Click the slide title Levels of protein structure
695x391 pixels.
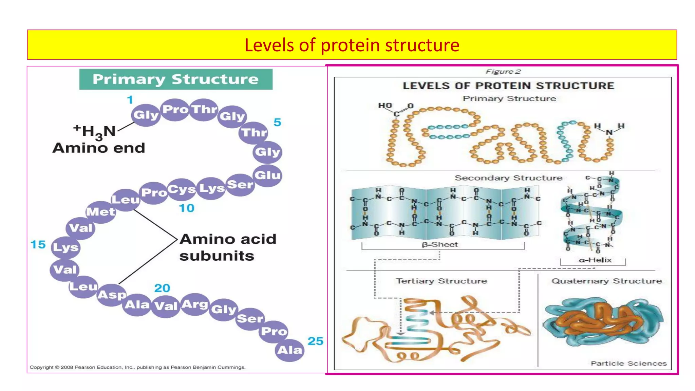coord(352,45)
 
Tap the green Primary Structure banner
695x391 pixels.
coord(176,79)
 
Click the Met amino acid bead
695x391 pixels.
coord(101,212)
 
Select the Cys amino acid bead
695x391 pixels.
coord(182,189)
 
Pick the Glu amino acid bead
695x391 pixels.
coord(268,175)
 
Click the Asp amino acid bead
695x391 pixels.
coord(112,295)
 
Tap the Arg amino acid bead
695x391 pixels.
coord(195,304)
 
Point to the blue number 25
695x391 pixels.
coord(315,341)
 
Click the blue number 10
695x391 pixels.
coord(186,208)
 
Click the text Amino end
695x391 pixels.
coord(99,148)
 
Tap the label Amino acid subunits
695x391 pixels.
coord(227,247)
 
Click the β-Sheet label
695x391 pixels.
coord(440,244)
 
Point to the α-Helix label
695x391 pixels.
coord(595,260)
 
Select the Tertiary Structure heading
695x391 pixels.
coord(441,281)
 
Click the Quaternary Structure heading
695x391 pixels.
coord(606,281)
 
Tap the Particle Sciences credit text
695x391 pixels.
coord(628,363)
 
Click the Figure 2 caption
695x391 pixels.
coord(503,72)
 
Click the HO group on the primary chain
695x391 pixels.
coord(385,106)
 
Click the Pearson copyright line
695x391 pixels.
coord(137,367)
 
